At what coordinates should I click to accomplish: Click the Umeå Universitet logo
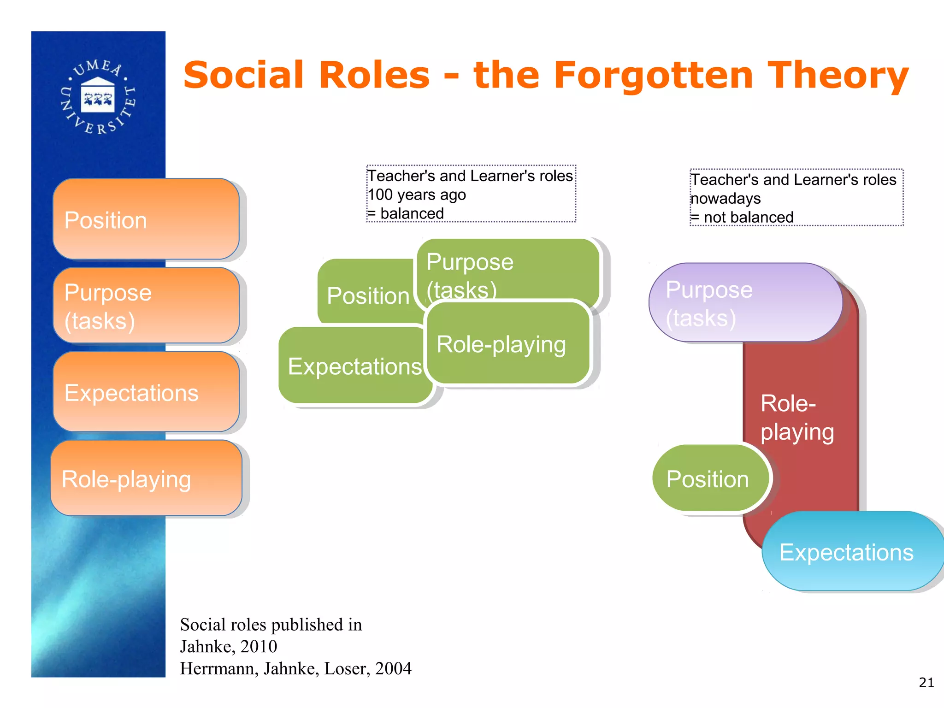point(98,97)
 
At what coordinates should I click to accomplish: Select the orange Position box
point(146,219)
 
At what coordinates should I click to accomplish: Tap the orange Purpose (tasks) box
point(146,306)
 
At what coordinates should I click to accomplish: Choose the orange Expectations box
point(146,392)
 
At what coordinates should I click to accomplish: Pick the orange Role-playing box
point(146,478)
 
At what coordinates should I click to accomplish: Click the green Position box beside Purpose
point(367,295)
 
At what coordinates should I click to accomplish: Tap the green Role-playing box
point(507,344)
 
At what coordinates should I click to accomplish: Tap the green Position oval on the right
point(708,479)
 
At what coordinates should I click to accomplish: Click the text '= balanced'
point(406,213)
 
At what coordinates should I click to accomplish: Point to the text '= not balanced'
point(742,217)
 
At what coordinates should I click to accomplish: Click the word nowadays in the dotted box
point(726,198)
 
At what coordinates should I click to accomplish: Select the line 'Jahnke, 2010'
point(229,646)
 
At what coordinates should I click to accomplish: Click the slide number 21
point(926,683)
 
